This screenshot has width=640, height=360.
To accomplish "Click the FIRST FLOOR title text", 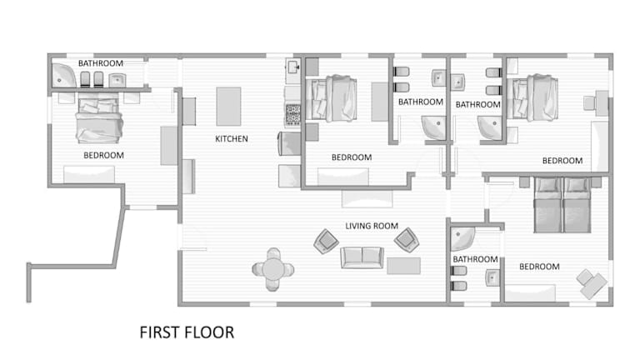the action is tap(187, 332).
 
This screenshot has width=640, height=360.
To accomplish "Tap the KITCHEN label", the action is tap(232, 139).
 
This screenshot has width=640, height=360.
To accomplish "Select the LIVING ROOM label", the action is tap(372, 226).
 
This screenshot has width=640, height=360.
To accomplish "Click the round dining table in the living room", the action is tap(273, 269).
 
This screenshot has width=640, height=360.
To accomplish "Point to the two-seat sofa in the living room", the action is tap(362, 257).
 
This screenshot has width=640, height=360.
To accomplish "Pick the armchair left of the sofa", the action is tap(326, 241).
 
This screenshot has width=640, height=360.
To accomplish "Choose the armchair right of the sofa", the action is tap(407, 240).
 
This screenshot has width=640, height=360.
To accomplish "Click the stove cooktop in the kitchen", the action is tap(293, 114).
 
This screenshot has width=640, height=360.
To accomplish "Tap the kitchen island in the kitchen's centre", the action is tap(228, 106).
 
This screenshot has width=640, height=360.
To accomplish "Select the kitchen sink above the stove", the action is tap(293, 67).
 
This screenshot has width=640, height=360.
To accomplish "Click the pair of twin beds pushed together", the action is tap(562, 205).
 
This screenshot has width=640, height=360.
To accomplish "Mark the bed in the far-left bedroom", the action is tap(99, 121).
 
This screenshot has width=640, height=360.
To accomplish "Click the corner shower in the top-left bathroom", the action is tap(63, 76).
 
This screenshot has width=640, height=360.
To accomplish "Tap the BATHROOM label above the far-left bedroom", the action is tap(101, 63).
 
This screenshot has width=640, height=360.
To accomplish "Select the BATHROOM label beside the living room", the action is tap(475, 259).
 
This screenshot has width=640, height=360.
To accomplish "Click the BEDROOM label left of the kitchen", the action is tap(103, 155).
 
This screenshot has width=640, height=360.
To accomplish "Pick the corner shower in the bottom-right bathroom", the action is tap(462, 239).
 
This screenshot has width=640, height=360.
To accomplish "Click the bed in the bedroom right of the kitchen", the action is tap(332, 98).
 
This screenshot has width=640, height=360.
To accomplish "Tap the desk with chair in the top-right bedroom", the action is tap(597, 101).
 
